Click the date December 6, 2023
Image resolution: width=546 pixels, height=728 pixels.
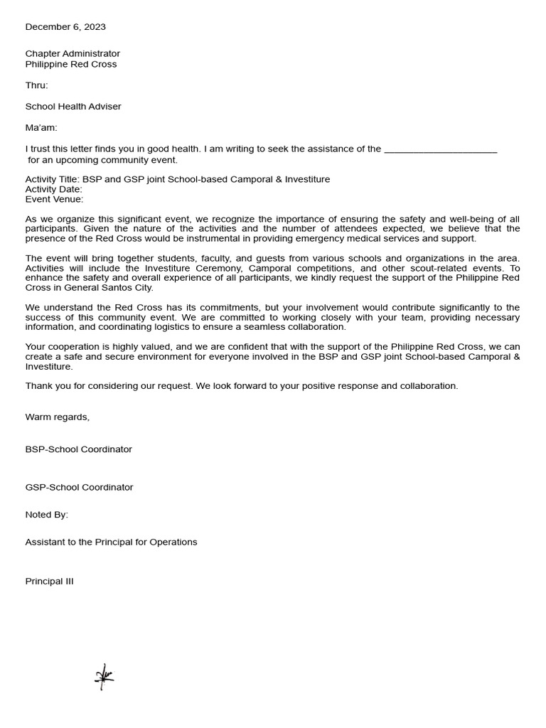(65, 27)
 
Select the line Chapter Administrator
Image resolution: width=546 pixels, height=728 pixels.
(73, 54)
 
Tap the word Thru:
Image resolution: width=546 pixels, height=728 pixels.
(37, 85)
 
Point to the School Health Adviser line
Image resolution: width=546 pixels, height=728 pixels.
(73, 107)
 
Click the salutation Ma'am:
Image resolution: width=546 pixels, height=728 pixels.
(41, 128)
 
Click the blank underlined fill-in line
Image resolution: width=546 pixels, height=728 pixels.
(440, 150)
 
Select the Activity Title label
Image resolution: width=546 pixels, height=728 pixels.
(53, 180)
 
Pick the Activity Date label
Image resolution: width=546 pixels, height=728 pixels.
(53, 190)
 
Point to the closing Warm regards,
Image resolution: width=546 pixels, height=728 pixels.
(58, 417)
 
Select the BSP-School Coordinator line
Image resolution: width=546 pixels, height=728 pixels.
(79, 449)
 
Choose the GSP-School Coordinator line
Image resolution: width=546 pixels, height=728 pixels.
(79, 488)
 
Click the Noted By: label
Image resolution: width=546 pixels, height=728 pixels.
(47, 515)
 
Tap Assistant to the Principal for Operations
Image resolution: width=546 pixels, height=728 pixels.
(111, 542)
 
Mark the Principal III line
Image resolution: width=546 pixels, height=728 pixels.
(49, 582)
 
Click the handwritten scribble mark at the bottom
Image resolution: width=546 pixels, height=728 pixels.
(104, 677)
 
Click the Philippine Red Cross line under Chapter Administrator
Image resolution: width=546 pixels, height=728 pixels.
(71, 65)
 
